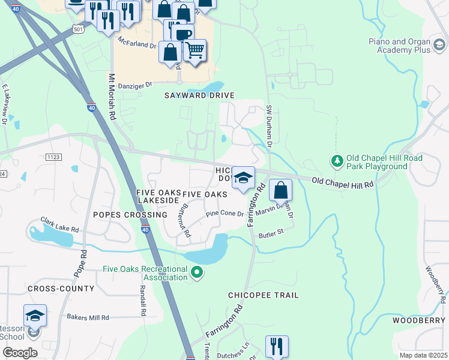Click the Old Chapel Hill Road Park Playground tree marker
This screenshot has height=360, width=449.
(x=337, y=161)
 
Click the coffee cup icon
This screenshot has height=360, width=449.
(x=184, y=34)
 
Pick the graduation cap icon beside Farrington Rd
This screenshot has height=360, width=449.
(x=243, y=178)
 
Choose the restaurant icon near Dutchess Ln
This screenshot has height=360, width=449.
(x=277, y=346)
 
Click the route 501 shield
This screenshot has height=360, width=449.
(x=77, y=29)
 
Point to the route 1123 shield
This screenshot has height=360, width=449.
(x=53, y=157)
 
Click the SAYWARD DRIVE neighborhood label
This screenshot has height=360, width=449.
(x=199, y=95)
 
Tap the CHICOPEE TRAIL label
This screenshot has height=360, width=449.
(x=263, y=296)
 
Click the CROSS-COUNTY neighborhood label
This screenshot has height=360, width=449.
(x=61, y=289)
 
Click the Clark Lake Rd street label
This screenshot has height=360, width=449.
(x=59, y=225)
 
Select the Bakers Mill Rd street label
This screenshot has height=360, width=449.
(x=88, y=317)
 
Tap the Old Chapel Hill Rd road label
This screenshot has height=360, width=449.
(x=343, y=182)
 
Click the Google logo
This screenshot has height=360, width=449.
(x=20, y=353)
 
